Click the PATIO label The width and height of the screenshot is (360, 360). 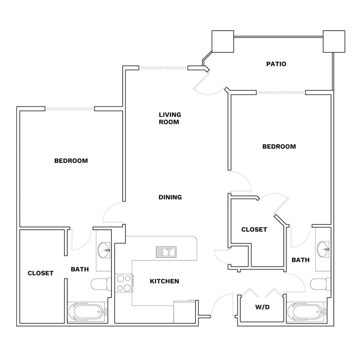(x=276, y=64)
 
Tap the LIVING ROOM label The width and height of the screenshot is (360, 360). (x=170, y=118)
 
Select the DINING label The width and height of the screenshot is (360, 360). (x=170, y=197)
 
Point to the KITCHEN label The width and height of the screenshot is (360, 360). (x=164, y=281)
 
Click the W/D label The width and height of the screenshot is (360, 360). (x=262, y=307)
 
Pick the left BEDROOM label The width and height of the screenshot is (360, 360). (x=71, y=161)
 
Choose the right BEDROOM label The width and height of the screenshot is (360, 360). (x=279, y=146)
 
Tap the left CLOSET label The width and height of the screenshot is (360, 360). (x=40, y=273)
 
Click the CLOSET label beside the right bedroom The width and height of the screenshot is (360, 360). (x=254, y=229)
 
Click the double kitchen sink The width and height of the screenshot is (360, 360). (x=166, y=252)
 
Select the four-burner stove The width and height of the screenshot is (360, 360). (x=124, y=283)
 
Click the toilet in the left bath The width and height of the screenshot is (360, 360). (x=101, y=284)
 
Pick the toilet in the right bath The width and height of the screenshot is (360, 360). (x=320, y=284)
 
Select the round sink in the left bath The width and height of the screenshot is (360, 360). (x=104, y=250)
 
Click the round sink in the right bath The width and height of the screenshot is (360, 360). (x=323, y=249)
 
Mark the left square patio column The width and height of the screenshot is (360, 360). (x=223, y=41)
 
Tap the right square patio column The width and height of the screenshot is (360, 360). (x=334, y=41)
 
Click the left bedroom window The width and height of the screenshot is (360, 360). (x=70, y=108)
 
